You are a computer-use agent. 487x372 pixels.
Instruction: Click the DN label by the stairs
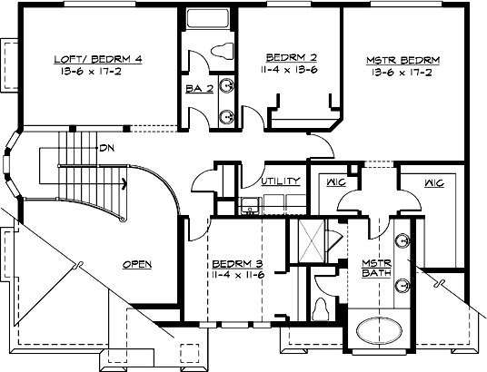[x=107, y=147]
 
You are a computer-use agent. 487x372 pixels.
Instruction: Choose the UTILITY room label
[x=281, y=181]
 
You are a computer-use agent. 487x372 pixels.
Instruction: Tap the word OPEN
[x=136, y=265]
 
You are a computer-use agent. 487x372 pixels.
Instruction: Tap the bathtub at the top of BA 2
[x=208, y=20]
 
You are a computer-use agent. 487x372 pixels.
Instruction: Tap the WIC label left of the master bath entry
[x=335, y=182]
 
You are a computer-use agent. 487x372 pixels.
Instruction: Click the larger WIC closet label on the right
[x=432, y=182]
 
